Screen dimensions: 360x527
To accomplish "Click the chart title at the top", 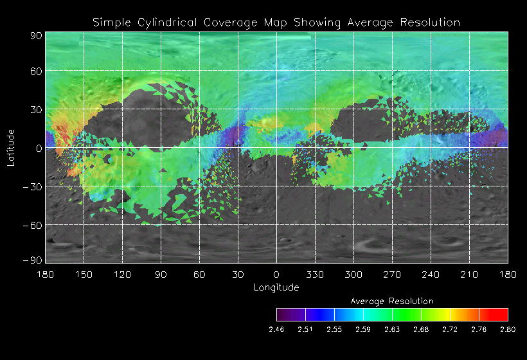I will point(276,22).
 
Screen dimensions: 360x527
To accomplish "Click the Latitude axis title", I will point(11,148).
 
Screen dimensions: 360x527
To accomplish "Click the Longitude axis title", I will point(276,287).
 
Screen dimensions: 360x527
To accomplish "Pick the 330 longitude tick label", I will point(315,274).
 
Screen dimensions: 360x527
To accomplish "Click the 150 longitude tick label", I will point(84,274).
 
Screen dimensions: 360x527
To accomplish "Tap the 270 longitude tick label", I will point(392,274).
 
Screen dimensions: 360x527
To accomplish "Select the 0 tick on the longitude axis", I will point(276,274).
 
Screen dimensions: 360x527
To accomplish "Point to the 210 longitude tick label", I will point(469,274).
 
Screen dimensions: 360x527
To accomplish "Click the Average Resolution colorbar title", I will point(392,301).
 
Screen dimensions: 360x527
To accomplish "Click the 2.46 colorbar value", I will point(277,329).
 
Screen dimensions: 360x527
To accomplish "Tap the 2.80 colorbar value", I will point(508,329).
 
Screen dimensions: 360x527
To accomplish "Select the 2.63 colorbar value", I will point(392,329).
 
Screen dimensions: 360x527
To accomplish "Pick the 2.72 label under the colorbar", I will point(450,329).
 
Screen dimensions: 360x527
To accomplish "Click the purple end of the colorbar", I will point(281,314).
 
